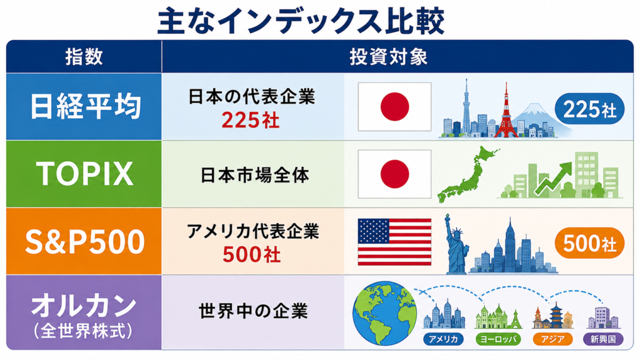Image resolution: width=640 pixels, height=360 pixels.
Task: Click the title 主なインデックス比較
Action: click(301, 21)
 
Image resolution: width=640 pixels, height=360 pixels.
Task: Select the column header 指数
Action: click(84, 56)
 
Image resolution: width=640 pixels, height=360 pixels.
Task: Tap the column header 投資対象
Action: click(388, 57)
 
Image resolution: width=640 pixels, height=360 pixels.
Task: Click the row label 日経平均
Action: click(85, 106)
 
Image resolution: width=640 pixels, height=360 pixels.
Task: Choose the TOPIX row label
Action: click(85, 174)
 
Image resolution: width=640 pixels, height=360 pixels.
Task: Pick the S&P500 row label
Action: click(85, 241)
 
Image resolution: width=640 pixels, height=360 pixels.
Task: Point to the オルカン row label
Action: click(84, 306)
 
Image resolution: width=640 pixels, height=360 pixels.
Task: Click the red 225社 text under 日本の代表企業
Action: click(251, 120)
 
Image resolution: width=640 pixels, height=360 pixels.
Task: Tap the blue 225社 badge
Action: click(589, 109)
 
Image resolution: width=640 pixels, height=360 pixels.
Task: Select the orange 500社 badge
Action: click(589, 243)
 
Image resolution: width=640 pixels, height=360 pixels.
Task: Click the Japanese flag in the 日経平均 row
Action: click(395, 106)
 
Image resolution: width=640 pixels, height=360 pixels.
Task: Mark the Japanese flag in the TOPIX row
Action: click(395, 174)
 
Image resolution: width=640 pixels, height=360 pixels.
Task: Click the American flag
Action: click(395, 242)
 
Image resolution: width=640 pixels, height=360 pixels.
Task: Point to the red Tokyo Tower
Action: click(506, 112)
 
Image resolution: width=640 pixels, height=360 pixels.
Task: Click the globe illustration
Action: click(384, 313)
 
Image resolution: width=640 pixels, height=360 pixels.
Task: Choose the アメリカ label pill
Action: click(443, 339)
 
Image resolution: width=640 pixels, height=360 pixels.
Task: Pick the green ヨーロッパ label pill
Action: click(498, 339)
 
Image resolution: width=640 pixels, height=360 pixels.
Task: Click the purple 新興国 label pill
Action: click(603, 339)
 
